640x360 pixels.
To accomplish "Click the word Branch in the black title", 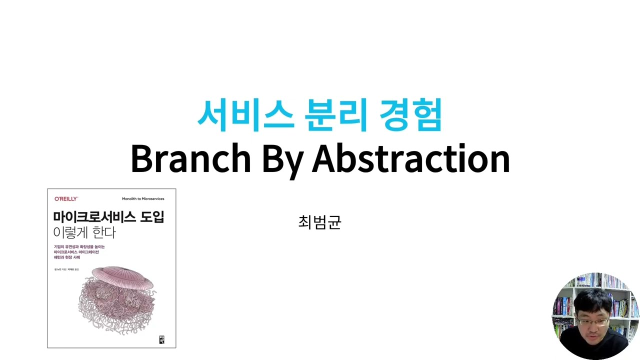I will (x=190, y=158).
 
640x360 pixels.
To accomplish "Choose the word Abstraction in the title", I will (x=410, y=158).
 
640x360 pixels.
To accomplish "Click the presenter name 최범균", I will (x=319, y=222).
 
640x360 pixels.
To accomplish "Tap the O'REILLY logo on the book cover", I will (x=66, y=199).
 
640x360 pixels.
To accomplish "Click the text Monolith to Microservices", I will (x=143, y=199).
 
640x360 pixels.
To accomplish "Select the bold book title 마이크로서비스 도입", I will (x=108, y=217).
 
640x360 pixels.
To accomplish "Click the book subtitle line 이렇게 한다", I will (x=84, y=232).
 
